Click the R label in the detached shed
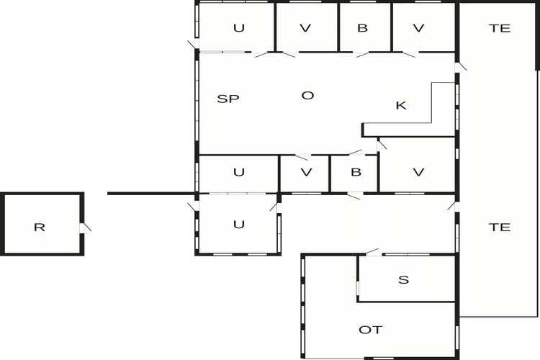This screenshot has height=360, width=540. coord(40,228)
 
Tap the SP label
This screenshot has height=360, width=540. coord(228,99)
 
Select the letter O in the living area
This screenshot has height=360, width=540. coord(307,96)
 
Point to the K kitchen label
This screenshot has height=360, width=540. coord(401,105)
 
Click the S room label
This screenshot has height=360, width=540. coord(404,280)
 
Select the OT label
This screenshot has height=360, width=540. coord(371,330)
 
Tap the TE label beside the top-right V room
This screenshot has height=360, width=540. coord(500,28)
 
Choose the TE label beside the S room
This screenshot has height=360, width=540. coord(500,228)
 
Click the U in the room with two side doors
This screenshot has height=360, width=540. coord(239,225)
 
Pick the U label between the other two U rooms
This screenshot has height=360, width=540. coord(239,172)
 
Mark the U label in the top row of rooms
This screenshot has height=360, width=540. coord(239,28)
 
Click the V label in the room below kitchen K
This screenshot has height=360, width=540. coord(418,172)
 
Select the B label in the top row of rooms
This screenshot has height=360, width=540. coord(362,28)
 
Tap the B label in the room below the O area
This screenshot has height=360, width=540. coord(356,172)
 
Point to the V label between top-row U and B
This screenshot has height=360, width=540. coord(305,28)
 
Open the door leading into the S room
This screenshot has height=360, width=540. coord(373,252)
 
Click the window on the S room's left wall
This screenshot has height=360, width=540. coord(358,288)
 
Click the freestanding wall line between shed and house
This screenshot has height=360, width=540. coord(151,194)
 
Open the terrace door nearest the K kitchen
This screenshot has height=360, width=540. coord(460,66)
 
